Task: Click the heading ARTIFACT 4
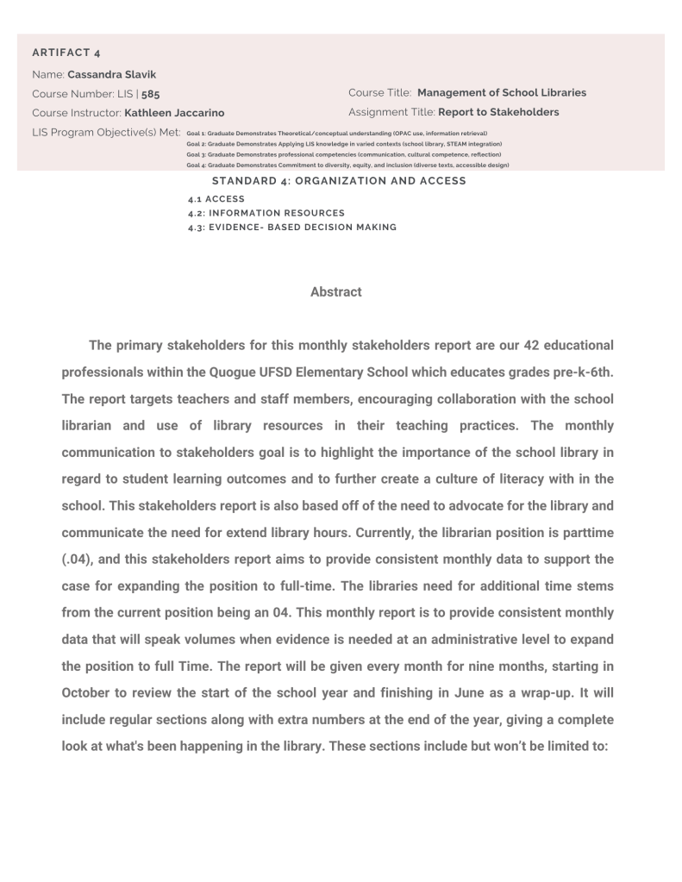(66, 53)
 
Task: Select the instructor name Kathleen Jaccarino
(178, 112)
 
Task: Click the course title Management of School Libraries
(501, 92)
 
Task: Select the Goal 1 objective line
(337, 134)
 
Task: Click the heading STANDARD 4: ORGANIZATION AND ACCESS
(339, 181)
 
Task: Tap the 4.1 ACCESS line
(216, 199)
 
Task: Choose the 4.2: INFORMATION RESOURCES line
(266, 212)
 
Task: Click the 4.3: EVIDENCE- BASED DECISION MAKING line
(292, 227)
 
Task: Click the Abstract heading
(336, 292)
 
